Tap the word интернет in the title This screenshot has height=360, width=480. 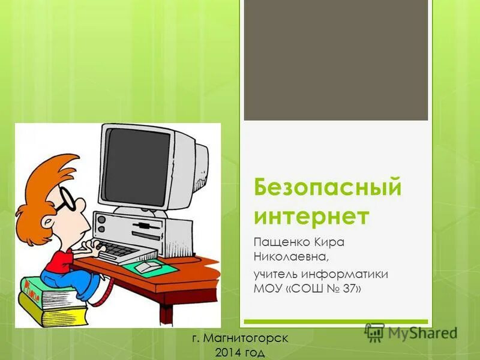point(311,215)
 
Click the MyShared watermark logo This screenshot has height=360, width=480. point(411,332)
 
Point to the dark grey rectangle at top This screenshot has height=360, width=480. point(335,60)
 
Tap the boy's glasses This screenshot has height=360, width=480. point(68,200)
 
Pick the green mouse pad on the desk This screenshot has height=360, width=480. point(154,268)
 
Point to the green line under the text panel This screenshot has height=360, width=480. point(335,322)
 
